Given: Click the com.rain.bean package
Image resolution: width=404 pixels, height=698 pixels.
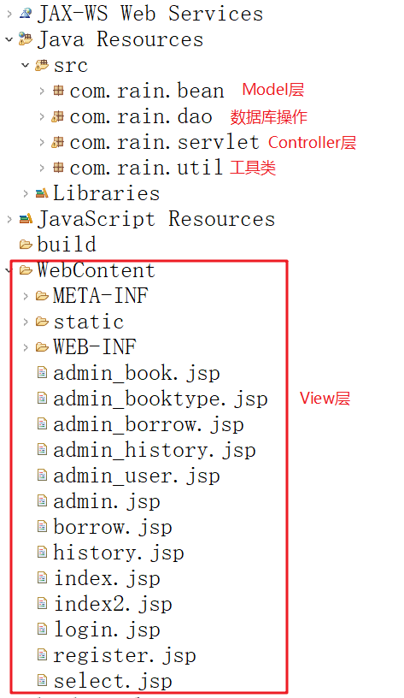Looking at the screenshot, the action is point(147,92).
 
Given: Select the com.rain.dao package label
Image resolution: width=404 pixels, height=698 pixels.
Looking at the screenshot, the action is point(141,116).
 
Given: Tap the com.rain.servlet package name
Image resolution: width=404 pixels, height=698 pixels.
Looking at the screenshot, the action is point(165,143).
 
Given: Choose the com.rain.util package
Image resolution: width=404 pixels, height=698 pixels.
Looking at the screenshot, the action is point(146,168).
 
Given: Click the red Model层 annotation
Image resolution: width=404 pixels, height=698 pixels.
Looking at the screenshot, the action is point(272,90).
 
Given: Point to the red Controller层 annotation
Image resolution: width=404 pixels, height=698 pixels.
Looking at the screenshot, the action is point(312,143).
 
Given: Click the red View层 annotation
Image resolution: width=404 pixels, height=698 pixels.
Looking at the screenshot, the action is point(325,398).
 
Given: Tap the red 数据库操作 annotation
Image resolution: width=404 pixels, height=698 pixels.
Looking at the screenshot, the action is point(268,116).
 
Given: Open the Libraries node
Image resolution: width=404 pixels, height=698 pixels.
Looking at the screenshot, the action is point(106,193).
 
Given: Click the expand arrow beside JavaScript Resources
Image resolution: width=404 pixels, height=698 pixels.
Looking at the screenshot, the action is point(9,219).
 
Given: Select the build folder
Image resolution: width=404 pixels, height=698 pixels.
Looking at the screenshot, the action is point(67,245).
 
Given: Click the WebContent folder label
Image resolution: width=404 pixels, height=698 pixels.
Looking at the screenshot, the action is point(96,270).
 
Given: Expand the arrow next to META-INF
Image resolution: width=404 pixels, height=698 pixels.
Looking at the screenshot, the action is point(26,296).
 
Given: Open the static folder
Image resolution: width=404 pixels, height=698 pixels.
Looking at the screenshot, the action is point(89,322).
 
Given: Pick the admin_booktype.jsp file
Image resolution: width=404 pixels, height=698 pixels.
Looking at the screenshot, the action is point(161,399).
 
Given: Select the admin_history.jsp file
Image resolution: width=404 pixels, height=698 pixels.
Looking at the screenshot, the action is point(155,450).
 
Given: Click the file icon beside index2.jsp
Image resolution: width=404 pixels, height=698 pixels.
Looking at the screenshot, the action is point(42,604).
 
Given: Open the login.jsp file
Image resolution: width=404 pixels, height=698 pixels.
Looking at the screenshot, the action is point(107,630).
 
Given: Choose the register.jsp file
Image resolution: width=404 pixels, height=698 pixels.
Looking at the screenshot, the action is point(125,655).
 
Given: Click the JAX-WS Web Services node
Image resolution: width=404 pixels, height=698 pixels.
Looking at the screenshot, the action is point(150,14).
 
